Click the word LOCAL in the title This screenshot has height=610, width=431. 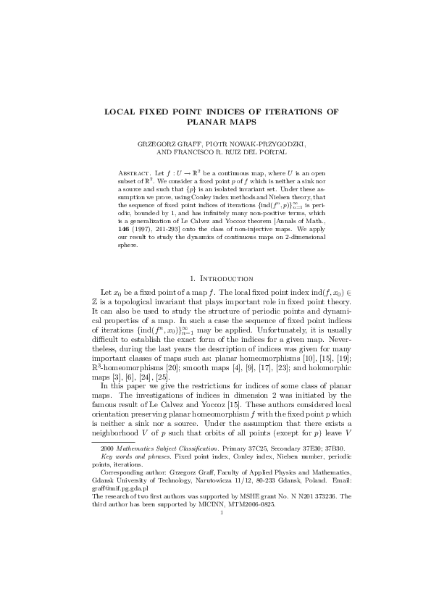pyautogui.click(x=122, y=112)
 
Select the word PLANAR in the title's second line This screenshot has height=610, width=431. pyautogui.click(x=196, y=123)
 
